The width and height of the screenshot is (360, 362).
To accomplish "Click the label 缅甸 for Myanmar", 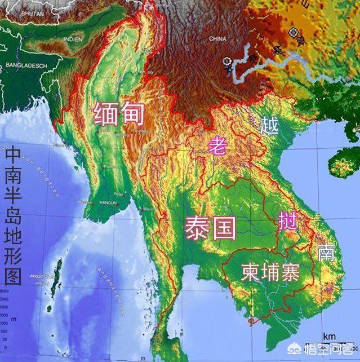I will (118, 114).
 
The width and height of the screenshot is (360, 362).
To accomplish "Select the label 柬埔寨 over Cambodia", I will (269, 272).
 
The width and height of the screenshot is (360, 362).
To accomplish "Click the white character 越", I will (269, 124).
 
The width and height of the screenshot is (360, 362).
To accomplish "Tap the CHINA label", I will (217, 39).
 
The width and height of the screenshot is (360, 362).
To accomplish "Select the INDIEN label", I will (73, 39).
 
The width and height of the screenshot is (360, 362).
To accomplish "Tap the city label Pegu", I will (117, 193).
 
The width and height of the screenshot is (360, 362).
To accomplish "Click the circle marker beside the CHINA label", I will (227, 61).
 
